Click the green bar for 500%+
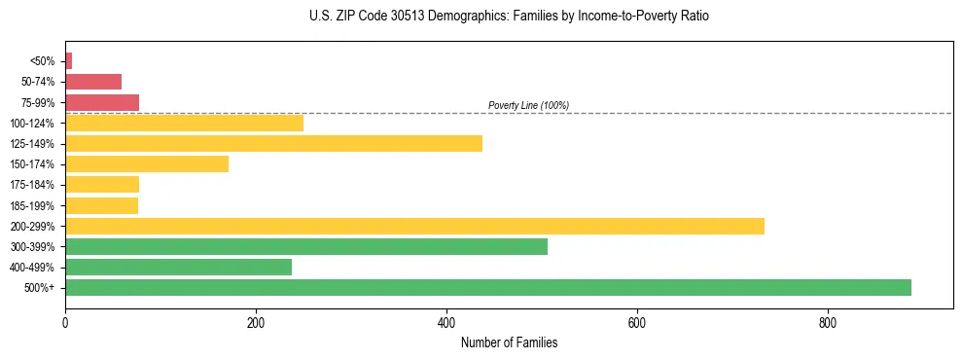pos(487,287)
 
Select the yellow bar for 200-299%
pos(414,226)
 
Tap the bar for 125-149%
pos(273,143)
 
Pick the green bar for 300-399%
pos(305,246)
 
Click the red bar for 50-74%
pos(93,81)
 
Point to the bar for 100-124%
pos(184,123)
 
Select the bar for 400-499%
pos(178,267)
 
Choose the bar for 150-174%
pos(147,163)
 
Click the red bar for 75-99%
pos(102,102)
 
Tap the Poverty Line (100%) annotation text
pos(528,105)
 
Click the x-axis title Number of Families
pos(509,342)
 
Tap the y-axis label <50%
pos(43,60)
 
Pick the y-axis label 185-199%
pos(34,205)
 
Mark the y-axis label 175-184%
pos(34,185)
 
